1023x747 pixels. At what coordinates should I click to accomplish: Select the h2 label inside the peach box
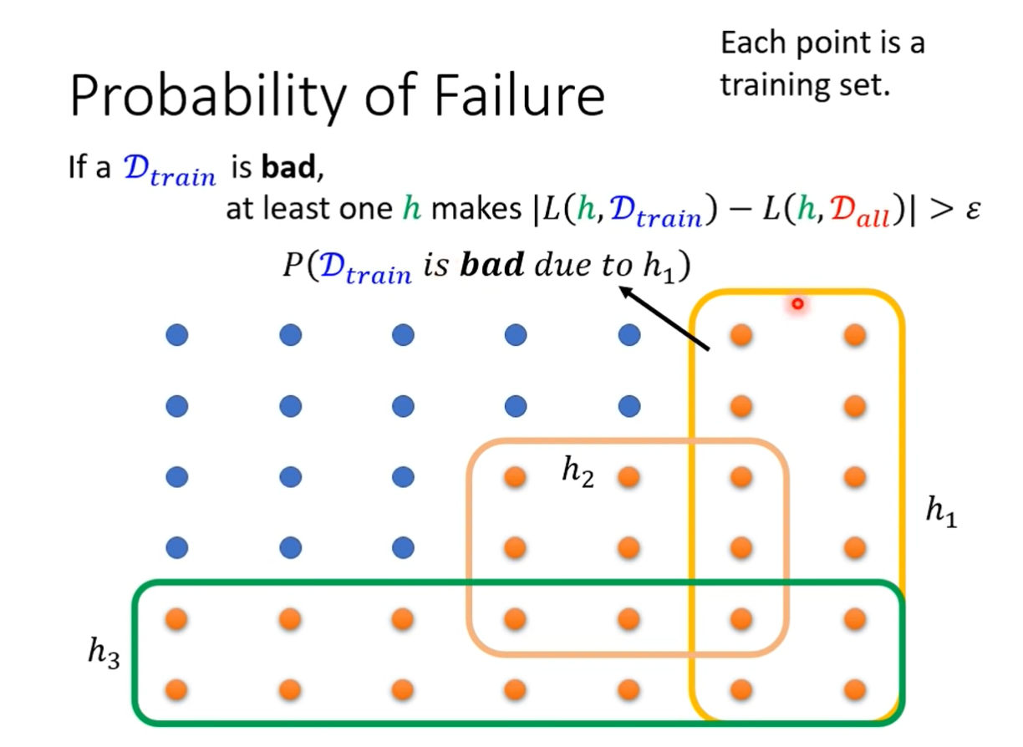[x=578, y=472]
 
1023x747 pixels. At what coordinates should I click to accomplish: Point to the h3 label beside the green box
[x=104, y=651]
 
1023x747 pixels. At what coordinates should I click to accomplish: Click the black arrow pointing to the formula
[x=664, y=319]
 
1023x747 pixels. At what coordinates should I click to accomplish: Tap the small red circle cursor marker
[x=797, y=304]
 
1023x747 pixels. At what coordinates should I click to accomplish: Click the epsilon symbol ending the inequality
[x=970, y=210]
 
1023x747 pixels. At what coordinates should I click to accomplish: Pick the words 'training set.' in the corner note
[x=802, y=84]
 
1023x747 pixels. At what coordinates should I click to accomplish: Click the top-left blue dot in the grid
[x=177, y=336]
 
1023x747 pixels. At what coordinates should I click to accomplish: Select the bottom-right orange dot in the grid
[x=854, y=690]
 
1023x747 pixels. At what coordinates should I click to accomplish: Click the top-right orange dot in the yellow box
[x=854, y=336]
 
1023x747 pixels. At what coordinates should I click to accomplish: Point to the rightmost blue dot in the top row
[x=629, y=336]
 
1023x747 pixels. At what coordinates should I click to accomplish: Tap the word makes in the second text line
[x=474, y=210]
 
